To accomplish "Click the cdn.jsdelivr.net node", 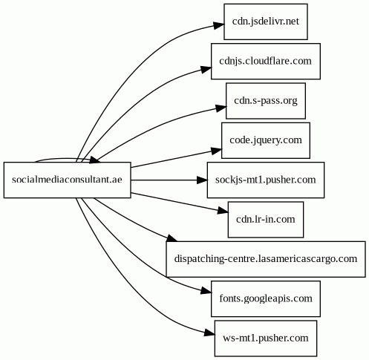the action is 266,22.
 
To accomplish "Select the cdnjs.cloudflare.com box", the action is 266,61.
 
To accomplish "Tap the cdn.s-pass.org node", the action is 266,101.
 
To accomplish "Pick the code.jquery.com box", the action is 266,140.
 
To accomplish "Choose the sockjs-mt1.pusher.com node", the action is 266,180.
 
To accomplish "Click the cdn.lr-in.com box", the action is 266,220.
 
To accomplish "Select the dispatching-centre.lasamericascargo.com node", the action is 266,259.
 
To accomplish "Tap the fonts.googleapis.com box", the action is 266,298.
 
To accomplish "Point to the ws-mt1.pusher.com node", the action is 266,338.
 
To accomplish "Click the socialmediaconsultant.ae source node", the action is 67,180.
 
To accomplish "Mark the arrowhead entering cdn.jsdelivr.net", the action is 219,26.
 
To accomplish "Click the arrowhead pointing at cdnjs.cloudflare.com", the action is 206,69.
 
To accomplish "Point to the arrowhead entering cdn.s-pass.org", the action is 221,108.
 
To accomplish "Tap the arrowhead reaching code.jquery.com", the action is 216,151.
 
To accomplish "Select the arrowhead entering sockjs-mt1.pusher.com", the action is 202,180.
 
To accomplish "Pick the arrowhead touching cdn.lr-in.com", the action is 223,211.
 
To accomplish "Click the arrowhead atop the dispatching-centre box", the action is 172,238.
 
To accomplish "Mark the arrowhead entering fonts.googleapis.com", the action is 206,290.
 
